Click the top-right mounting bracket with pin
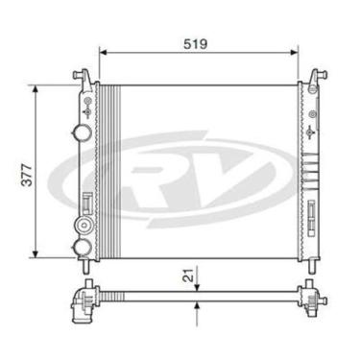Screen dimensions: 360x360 point(314,75)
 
